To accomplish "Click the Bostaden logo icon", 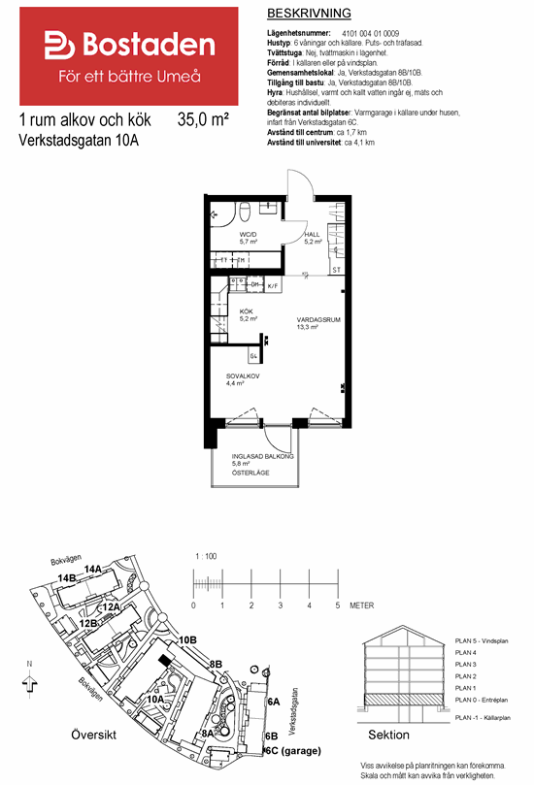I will coord(61,46).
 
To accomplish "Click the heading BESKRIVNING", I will coord(308,14).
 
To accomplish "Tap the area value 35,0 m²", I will coord(203,121).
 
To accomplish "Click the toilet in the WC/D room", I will coord(247,211).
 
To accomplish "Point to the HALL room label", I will coord(312,235).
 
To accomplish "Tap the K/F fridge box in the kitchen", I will coord(273,286).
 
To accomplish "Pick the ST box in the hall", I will coord(336,270).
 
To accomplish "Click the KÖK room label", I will coord(247,311).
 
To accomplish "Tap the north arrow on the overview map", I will coord(31,680).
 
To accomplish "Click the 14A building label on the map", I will coord(93,569).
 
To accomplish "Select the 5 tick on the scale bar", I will coord(337,605).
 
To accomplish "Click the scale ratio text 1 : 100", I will coord(205,556).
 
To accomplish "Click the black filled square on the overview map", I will coord(163,660).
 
